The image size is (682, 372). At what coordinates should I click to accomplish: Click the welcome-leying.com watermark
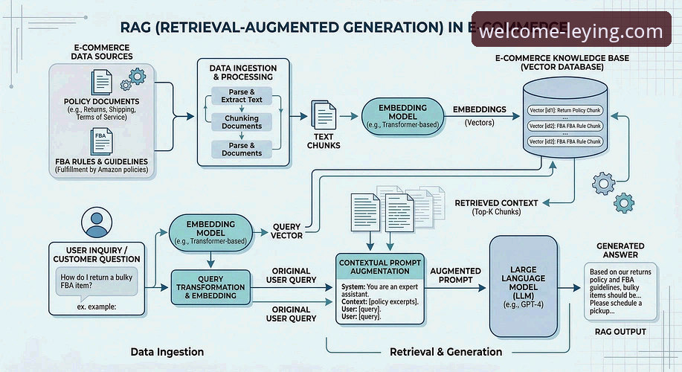[x=570, y=32]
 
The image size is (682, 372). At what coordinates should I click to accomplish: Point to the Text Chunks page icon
[x=324, y=116]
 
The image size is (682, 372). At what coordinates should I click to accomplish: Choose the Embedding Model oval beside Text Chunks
[x=402, y=116]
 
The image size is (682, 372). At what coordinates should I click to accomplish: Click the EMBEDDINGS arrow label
[x=479, y=109]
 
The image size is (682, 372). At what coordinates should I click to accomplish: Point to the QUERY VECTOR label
[x=286, y=231]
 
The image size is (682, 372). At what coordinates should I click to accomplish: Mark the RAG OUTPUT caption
[x=620, y=332]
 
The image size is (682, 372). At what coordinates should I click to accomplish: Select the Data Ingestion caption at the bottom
[x=167, y=351]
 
